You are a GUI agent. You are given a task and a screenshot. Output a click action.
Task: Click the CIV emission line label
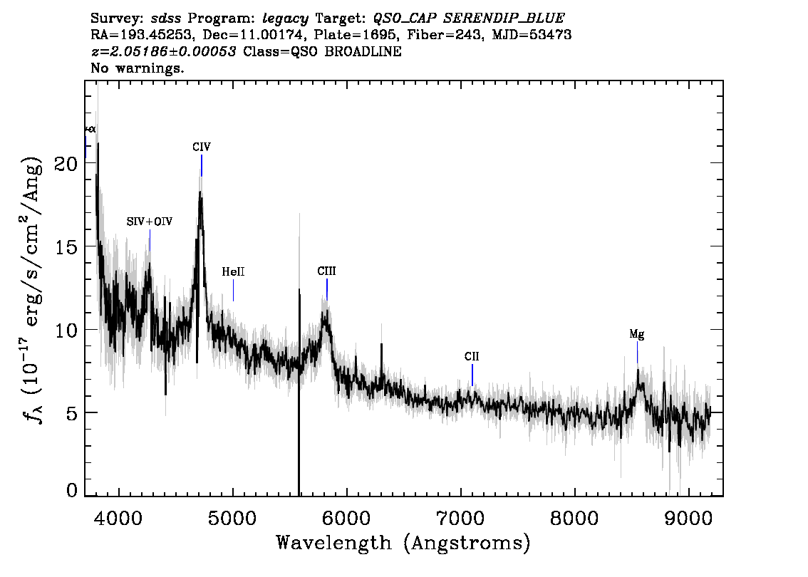202,147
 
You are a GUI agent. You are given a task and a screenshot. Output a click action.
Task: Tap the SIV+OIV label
150,222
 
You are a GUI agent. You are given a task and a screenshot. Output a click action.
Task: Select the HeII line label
234,271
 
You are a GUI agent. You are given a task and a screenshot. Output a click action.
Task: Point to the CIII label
327,271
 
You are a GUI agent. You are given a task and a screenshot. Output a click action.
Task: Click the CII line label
472,356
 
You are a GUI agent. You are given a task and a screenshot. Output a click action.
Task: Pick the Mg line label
637,334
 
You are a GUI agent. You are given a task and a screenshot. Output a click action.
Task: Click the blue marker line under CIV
202,165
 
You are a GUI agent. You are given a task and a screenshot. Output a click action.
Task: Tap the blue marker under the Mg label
638,353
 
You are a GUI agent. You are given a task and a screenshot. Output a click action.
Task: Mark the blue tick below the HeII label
234,290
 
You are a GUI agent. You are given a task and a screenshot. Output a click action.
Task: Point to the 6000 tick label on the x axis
346,518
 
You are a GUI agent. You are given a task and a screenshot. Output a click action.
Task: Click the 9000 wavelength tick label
688,518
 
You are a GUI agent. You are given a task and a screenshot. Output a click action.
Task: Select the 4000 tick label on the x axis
118,518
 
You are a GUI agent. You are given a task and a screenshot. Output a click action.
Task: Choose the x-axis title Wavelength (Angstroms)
403,543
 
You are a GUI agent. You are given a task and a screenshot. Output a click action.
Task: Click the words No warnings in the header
137,68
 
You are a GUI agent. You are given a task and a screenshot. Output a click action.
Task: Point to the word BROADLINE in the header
363,51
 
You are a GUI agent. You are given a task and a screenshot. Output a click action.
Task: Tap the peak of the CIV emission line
200,192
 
